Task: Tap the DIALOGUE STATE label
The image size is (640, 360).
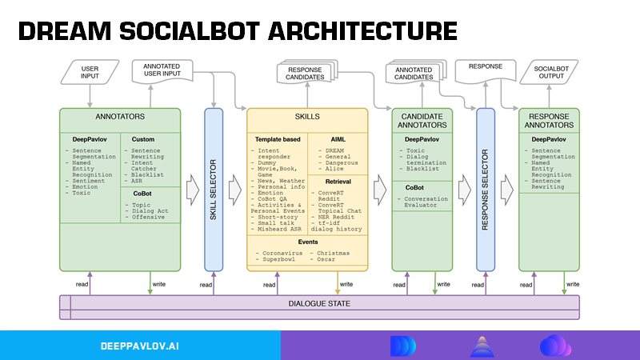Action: pyautogui.click(x=318, y=304)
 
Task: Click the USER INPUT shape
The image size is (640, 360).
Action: pyautogui.click(x=90, y=74)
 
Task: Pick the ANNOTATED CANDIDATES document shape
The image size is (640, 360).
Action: pyautogui.click(x=414, y=74)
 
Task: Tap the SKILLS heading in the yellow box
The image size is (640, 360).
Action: pyautogui.click(x=307, y=117)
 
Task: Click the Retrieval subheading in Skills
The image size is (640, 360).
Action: pyautogui.click(x=338, y=182)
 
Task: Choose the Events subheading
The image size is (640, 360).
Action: pyautogui.click(x=307, y=242)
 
